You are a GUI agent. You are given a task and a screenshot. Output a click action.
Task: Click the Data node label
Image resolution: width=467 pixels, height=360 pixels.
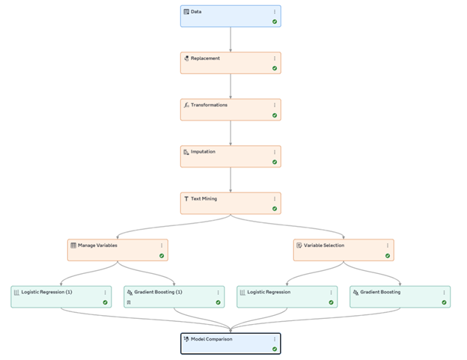tap(196, 12)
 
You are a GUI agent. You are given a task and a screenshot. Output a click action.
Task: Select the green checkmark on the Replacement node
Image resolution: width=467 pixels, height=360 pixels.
tap(275, 69)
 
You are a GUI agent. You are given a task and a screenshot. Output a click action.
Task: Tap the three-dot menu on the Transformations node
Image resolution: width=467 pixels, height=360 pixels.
tap(275, 105)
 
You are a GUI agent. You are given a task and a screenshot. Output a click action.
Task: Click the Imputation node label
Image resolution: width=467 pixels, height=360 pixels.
tap(203, 152)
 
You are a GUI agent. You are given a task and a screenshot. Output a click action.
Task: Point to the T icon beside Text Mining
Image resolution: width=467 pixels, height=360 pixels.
tap(186, 198)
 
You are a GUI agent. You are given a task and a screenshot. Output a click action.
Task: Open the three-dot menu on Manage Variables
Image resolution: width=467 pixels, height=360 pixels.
tap(162, 245)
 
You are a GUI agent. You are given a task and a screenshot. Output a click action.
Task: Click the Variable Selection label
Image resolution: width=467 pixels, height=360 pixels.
tap(324, 245)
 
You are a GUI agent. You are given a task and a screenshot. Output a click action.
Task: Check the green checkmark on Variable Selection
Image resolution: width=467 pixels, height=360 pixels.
tap(388, 256)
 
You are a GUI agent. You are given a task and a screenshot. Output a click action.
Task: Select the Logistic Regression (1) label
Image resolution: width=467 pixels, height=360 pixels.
tap(46, 292)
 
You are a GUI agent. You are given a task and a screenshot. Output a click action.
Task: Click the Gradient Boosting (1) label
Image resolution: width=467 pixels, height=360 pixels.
tap(158, 292)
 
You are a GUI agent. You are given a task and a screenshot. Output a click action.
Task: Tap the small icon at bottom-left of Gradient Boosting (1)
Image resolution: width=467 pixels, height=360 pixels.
tap(129, 302)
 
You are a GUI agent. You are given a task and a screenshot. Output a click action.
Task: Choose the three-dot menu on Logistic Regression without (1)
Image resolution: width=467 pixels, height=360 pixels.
tap(332, 293)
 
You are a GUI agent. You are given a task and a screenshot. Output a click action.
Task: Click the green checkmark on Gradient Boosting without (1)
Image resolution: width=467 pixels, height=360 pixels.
tap(444, 302)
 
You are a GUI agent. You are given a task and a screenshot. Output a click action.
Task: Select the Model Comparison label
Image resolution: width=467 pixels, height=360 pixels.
tap(212, 339)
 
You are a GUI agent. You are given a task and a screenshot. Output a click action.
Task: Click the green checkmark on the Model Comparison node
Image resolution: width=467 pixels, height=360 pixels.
tap(275, 349)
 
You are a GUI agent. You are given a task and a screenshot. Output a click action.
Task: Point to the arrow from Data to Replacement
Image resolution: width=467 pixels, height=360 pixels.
tap(231, 40)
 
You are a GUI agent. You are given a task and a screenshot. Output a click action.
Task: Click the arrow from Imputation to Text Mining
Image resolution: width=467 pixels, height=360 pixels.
tap(231, 180)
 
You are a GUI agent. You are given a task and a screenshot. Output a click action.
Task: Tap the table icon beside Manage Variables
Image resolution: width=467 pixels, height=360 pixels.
tap(73, 245)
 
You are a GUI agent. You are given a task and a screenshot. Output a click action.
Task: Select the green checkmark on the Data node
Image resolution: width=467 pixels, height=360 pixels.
tap(275, 22)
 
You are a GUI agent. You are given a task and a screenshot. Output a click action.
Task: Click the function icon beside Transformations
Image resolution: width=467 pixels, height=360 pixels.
tap(186, 105)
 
